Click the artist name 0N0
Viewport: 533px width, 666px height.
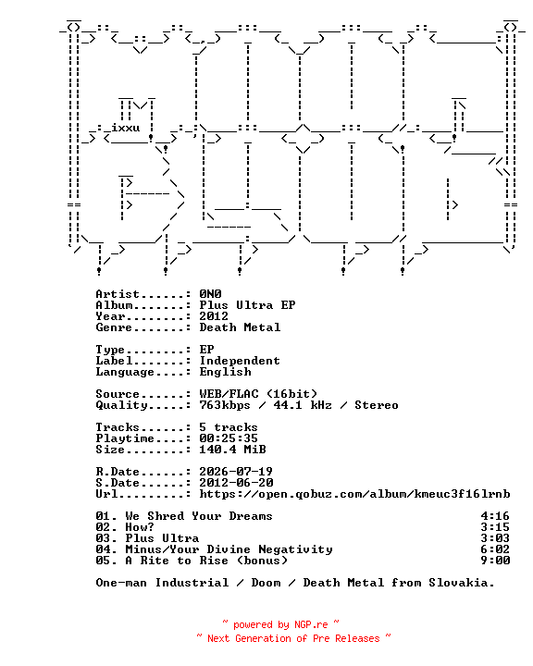point(210,294)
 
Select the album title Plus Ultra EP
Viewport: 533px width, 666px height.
point(247,305)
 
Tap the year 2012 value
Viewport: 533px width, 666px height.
point(214,316)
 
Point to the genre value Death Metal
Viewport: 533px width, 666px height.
point(241,327)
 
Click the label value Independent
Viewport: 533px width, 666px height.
point(241,361)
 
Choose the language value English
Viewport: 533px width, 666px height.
point(225,372)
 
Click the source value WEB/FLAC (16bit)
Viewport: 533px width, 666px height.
point(258,394)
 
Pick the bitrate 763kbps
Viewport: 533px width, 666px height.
point(225,405)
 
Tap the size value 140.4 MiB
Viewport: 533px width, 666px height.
point(232,450)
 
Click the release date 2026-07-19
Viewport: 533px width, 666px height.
point(236,472)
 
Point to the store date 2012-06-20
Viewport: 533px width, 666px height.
point(236,483)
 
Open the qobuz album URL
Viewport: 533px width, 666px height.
point(355,494)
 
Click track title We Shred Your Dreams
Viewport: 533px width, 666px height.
point(199,516)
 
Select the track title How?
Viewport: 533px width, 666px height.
point(140,527)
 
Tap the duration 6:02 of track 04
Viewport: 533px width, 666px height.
point(495,549)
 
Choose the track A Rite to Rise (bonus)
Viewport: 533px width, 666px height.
point(206,561)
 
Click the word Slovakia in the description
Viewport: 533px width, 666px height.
point(462,583)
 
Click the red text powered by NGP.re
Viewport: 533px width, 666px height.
point(280,624)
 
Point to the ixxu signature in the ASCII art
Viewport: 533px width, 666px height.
point(126,128)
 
